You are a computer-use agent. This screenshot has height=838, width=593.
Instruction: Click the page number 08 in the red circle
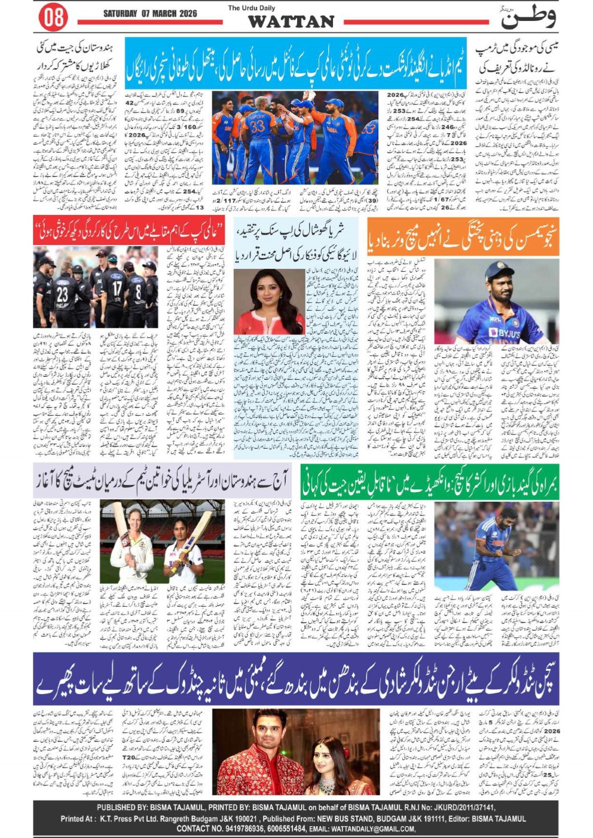click(53, 17)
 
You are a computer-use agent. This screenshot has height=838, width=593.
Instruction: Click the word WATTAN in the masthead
click(291, 22)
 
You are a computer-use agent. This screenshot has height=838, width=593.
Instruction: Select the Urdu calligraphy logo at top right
click(528, 17)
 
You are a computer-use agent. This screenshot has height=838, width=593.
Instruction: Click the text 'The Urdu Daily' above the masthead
click(252, 8)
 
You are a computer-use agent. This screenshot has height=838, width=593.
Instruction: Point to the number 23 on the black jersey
click(62, 294)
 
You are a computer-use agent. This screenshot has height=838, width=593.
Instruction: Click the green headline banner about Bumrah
click(429, 481)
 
